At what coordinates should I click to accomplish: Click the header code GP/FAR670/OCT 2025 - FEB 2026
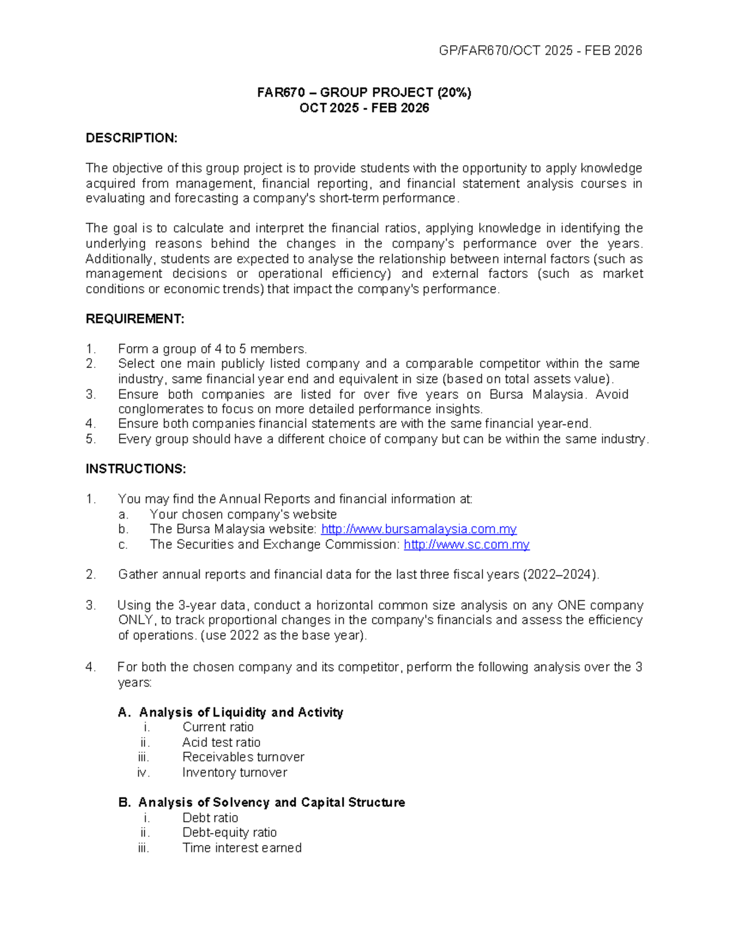540,51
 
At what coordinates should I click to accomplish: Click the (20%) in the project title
453,93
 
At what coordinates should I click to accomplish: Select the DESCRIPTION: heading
131,138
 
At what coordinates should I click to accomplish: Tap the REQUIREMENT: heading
134,319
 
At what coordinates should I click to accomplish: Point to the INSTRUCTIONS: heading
135,469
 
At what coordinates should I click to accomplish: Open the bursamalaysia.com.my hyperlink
419,529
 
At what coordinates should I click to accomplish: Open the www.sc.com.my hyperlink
466,545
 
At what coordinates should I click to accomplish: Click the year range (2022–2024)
560,575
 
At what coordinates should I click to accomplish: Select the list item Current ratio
217,727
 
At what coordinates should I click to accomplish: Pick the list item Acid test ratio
221,743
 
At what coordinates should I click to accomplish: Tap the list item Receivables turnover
243,757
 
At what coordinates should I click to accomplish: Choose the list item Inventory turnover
234,773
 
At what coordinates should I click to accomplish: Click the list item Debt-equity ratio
229,832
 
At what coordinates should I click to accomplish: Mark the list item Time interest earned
242,848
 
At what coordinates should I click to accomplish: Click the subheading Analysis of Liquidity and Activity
241,712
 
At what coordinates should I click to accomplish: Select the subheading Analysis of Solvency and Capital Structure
271,803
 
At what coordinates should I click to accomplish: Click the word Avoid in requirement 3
612,395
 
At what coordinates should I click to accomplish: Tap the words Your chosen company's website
243,514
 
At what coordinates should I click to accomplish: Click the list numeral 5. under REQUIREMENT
91,440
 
